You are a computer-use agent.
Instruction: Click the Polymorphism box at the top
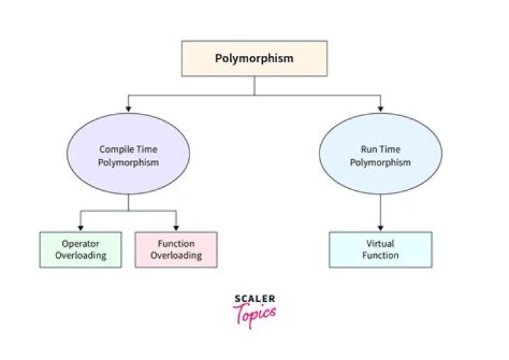pyautogui.click(x=255, y=58)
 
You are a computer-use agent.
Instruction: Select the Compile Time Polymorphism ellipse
pyautogui.click(x=128, y=155)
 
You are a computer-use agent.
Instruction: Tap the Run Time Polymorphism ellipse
pyautogui.click(x=380, y=155)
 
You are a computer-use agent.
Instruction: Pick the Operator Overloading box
pyautogui.click(x=81, y=250)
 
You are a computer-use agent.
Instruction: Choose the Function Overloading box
pyautogui.click(x=176, y=250)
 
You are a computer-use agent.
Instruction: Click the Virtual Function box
pyautogui.click(x=380, y=250)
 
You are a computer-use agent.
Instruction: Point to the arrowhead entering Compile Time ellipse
pyautogui.click(x=128, y=108)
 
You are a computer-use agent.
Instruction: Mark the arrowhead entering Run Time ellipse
pyautogui.click(x=380, y=108)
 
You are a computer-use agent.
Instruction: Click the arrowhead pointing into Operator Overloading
pyautogui.click(x=81, y=227)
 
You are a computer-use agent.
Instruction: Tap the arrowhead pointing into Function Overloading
pyautogui.click(x=176, y=227)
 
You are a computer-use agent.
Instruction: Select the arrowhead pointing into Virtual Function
pyautogui.click(x=380, y=227)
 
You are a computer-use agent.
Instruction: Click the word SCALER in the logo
pyautogui.click(x=254, y=298)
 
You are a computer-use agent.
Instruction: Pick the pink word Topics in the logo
pyautogui.click(x=255, y=314)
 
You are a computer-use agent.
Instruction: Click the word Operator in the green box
pyautogui.click(x=81, y=244)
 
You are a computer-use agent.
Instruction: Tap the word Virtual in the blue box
pyautogui.click(x=380, y=244)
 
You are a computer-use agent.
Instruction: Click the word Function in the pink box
pyautogui.click(x=176, y=244)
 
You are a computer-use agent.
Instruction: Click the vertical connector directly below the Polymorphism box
pyautogui.click(x=255, y=85)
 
